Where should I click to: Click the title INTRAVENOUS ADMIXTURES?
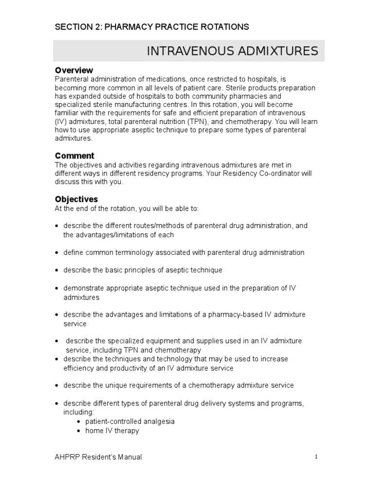point(233,51)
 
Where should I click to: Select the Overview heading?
point(74,71)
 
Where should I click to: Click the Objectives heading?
point(76,199)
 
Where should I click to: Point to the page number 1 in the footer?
point(316,457)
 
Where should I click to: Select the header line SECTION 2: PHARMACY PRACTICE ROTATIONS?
point(152,27)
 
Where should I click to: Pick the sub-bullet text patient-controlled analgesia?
point(130,422)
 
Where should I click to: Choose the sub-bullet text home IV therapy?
point(112,430)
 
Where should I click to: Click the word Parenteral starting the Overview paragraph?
point(71,79)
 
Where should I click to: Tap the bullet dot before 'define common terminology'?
point(57,253)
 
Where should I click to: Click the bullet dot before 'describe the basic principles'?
point(57,270)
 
